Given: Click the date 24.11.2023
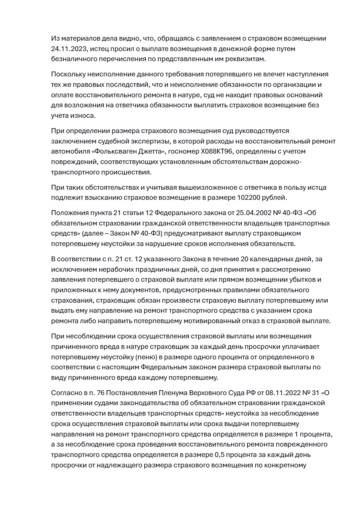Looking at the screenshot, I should [x=69, y=49].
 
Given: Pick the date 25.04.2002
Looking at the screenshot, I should [x=253, y=213].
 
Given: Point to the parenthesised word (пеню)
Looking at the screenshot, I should [x=146, y=357].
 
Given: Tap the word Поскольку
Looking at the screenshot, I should [x=69, y=74].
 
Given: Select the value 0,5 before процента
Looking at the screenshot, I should [x=220, y=455].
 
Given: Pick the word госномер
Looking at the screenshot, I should [x=183, y=151].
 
